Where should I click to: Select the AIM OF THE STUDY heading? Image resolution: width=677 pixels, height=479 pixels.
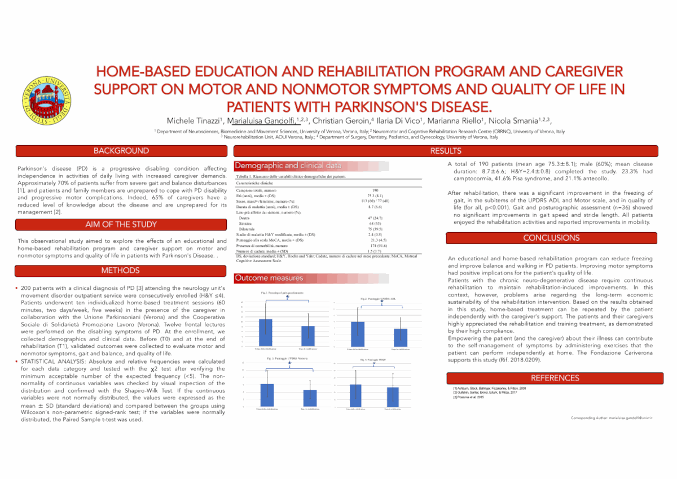pos(121,225)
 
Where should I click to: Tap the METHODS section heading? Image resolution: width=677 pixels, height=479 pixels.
pos(121,271)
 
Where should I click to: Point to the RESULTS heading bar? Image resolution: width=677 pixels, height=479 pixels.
pos(446,151)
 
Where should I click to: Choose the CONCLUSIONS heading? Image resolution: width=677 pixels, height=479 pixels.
pos(551,238)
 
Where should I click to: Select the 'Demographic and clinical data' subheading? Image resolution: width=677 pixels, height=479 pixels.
pos(288,166)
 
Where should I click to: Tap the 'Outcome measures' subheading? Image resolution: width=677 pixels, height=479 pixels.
pos(269,278)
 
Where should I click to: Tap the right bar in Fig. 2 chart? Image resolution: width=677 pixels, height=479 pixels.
pos(401,337)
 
